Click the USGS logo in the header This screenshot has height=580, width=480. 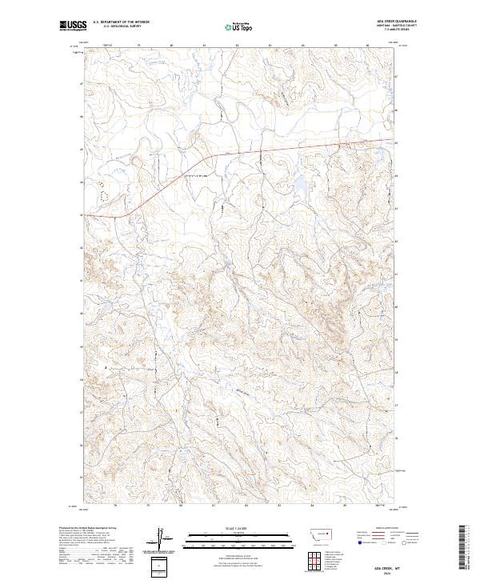(72, 26)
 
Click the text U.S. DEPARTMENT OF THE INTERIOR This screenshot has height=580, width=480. (122, 23)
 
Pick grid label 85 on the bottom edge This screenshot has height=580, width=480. (345, 506)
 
